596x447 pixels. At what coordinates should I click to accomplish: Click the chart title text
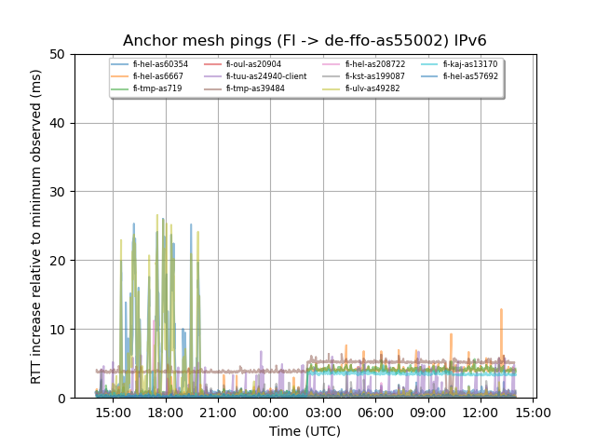[x=305, y=41]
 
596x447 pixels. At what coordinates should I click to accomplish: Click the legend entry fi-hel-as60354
[x=160, y=64]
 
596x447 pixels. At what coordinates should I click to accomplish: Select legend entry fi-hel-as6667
[x=157, y=76]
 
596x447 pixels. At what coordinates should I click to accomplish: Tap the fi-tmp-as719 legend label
[x=157, y=88]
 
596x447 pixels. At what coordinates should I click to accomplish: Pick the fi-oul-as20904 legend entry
[x=253, y=64]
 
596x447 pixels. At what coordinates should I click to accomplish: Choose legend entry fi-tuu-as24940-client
[x=265, y=76]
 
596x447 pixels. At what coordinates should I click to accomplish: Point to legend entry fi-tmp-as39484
[x=255, y=88]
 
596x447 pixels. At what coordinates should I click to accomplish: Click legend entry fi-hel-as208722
[x=373, y=64]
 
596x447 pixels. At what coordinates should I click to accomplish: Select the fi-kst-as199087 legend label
[x=373, y=76]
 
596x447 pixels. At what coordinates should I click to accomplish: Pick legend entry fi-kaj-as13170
[x=470, y=64]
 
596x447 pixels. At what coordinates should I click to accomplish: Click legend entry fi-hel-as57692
[x=470, y=76]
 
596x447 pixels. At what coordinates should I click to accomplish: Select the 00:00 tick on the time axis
[x=270, y=413]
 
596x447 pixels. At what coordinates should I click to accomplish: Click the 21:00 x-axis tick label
[x=218, y=413]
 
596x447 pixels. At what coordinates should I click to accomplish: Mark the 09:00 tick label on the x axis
[x=427, y=413]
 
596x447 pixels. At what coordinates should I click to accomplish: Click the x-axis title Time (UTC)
[x=305, y=431]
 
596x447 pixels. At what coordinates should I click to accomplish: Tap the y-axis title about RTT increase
[x=36, y=226]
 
